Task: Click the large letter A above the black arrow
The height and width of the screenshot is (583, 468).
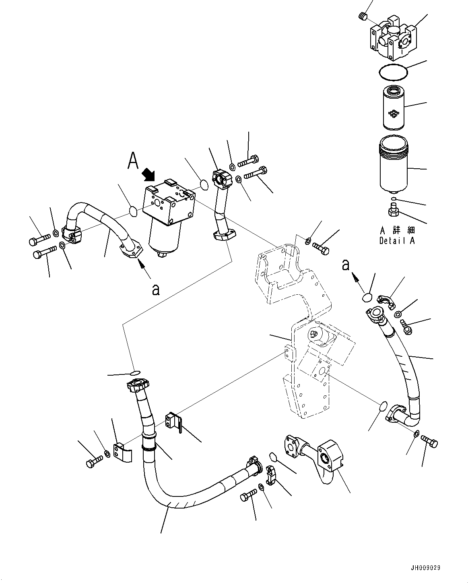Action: point(134,160)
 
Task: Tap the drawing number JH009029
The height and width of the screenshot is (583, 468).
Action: point(426,568)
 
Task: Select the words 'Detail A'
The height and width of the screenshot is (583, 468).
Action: point(397,241)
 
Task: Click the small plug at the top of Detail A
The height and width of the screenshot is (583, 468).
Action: point(363,16)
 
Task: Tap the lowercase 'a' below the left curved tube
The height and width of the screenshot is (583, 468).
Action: point(156,289)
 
